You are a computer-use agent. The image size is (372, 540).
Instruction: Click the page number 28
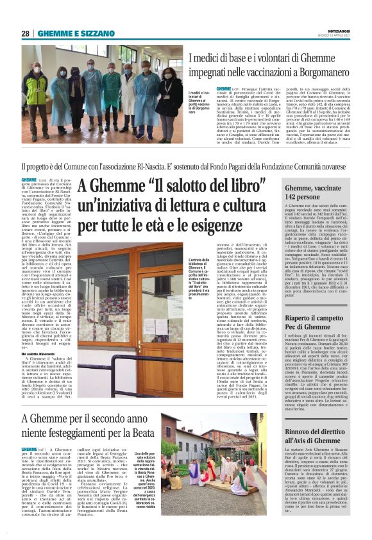pos(26,33)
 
